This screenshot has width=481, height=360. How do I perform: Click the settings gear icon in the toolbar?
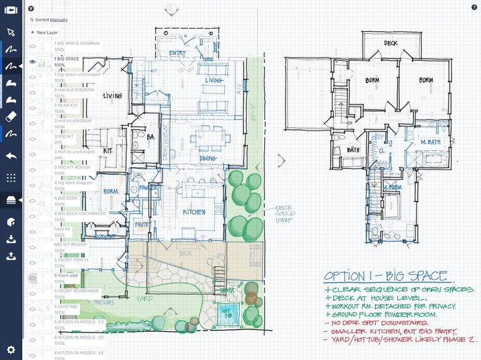click(x=11, y=349)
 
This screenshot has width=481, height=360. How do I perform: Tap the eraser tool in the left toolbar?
click(x=11, y=116)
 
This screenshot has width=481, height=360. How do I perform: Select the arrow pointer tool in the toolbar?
click(x=11, y=32)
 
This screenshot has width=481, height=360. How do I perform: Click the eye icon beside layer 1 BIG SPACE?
click(x=32, y=62)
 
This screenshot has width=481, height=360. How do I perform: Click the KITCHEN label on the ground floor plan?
click(x=194, y=212)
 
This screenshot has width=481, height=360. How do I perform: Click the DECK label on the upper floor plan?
click(x=391, y=43)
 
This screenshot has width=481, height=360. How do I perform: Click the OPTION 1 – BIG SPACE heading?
click(x=385, y=276)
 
